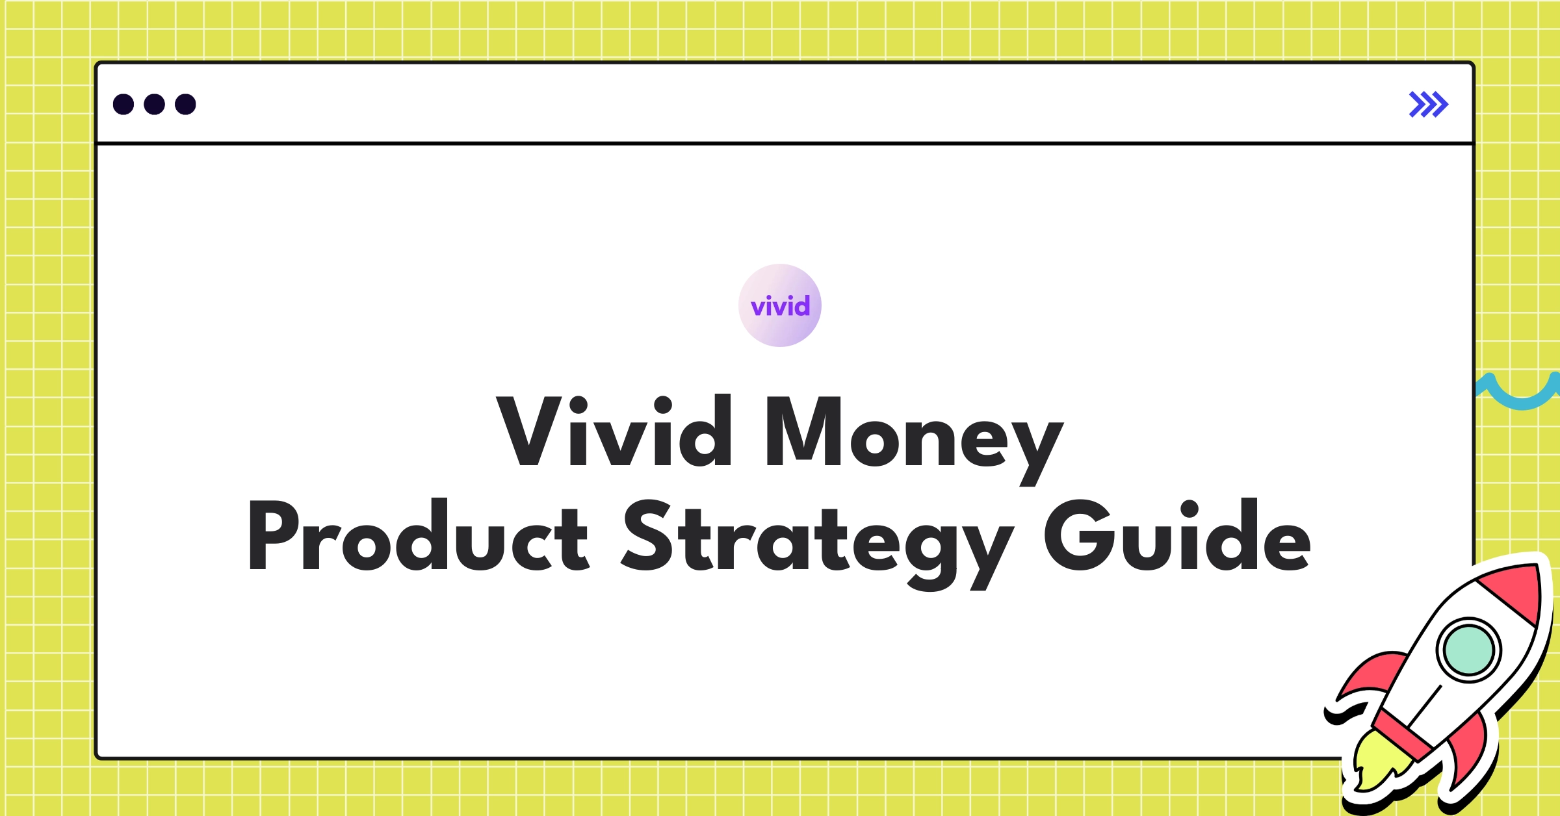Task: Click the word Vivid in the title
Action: [614, 432]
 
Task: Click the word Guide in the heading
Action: [1177, 536]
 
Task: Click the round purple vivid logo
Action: [780, 305]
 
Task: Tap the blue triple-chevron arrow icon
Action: [1428, 104]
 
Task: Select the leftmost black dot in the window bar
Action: [123, 104]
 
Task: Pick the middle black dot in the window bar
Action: [154, 104]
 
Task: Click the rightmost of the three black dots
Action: [185, 104]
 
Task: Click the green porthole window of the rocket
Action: [1468, 650]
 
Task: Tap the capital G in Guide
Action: [1076, 536]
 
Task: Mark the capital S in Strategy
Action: [647, 536]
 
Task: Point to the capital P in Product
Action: [273, 536]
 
